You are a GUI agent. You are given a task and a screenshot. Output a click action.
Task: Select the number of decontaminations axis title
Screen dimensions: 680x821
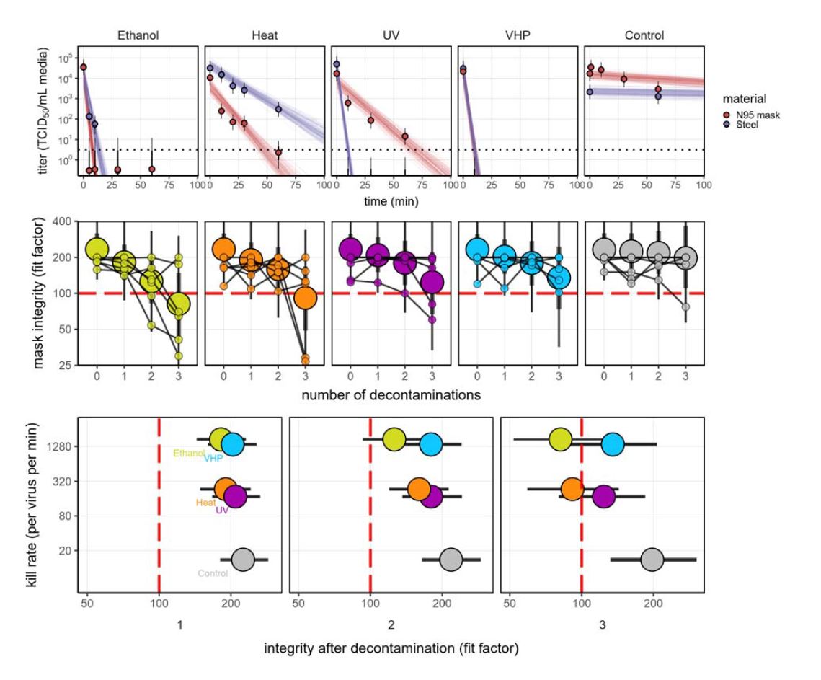pyautogui.click(x=393, y=394)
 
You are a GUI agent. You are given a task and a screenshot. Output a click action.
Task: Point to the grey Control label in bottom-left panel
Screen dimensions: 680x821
pyautogui.click(x=213, y=573)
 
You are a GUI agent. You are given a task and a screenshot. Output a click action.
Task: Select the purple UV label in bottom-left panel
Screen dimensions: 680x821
pyautogui.click(x=222, y=511)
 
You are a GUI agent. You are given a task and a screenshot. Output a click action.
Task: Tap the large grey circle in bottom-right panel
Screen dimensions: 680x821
pyautogui.click(x=652, y=560)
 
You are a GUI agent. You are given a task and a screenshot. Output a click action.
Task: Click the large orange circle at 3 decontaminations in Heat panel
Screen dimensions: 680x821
pyautogui.click(x=306, y=296)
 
